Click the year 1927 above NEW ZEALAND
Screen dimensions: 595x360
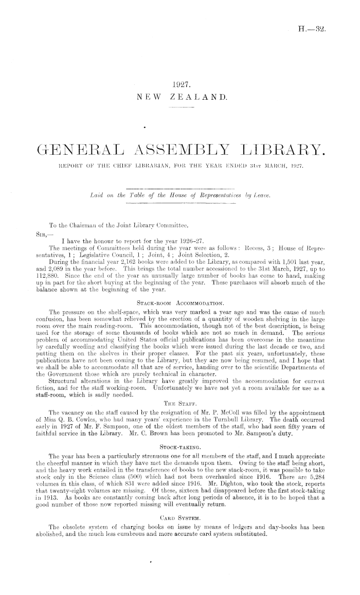click(180, 86)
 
